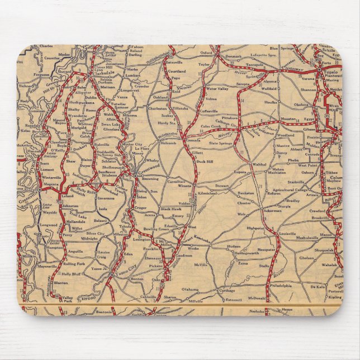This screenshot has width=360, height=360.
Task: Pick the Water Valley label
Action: pos(218,89)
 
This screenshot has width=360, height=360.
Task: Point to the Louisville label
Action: pos(287,231)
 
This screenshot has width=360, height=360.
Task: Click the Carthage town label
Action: pos(226,291)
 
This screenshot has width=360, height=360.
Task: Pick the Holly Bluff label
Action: pos(72,274)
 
